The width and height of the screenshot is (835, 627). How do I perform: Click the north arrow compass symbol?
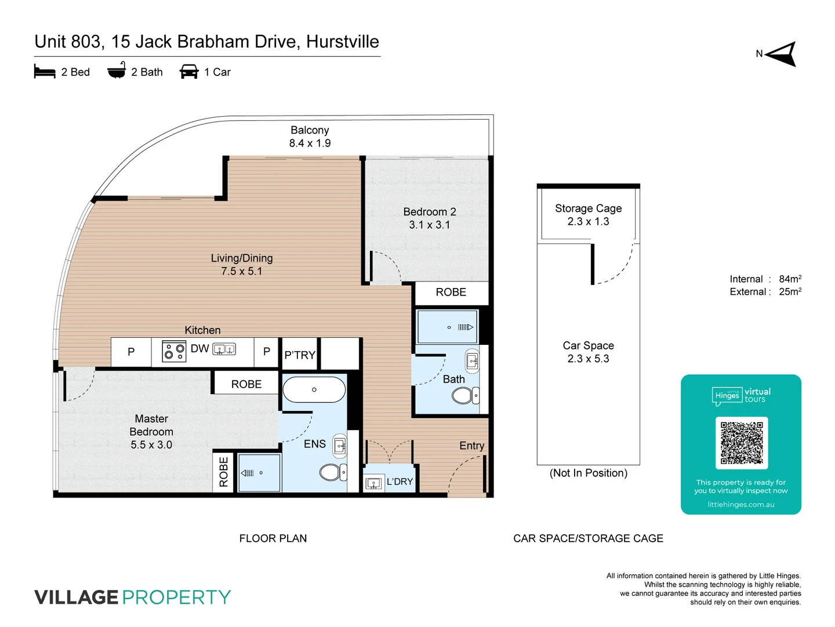781,54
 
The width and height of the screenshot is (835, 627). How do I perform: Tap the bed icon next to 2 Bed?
45,72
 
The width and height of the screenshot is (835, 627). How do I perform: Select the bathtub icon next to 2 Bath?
117,71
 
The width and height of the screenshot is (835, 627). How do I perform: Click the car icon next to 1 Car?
189,72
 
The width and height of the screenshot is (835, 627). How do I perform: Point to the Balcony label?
310,130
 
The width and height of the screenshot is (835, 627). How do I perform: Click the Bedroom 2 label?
430,212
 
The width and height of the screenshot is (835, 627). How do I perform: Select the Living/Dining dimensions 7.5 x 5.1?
242,271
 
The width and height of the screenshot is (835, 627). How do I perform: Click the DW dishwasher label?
199,348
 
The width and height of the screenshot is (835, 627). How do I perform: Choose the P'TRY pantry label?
300,355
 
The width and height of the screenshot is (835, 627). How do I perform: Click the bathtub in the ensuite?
314,390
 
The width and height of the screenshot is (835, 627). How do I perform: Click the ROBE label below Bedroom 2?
451,292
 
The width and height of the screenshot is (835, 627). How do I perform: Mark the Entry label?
471,445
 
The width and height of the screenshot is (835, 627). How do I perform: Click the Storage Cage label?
588,208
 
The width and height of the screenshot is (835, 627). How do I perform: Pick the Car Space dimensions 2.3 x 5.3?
588,359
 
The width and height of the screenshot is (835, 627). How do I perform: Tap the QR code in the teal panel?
741,442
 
